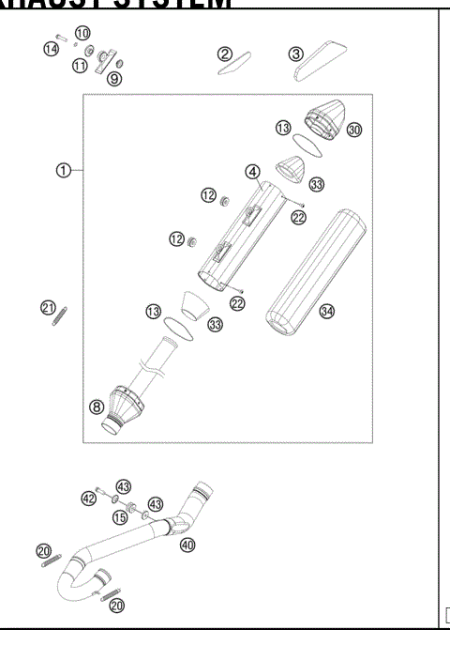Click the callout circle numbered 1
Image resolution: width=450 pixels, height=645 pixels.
coord(63,170)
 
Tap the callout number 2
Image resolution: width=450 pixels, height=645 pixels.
coord(225,54)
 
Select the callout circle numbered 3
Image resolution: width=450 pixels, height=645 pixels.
coord(296,54)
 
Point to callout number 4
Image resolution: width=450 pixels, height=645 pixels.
coord(252,172)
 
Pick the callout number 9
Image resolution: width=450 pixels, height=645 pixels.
coord(113,80)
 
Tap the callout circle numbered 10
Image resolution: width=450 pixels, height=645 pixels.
coord(82,33)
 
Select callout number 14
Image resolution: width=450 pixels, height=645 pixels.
coord(51,48)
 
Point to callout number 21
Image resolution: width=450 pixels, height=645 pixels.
coord(46,307)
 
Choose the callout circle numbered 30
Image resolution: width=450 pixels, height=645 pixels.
coord(354,130)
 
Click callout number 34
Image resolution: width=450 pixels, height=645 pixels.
coord(326,312)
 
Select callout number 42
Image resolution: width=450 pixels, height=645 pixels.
coord(88,499)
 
